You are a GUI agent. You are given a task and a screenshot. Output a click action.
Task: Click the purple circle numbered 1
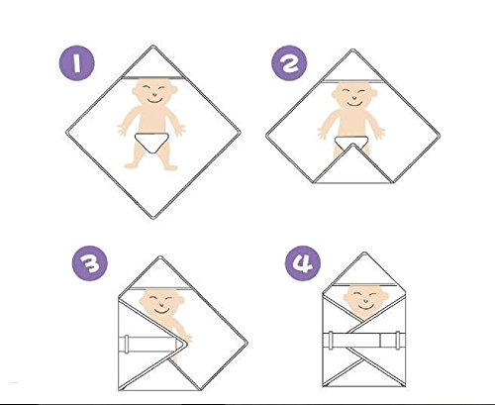tap(77, 62)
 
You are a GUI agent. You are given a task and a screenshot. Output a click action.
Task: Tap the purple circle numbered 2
tap(289, 62)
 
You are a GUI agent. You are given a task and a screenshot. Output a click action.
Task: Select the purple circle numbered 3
tap(90, 263)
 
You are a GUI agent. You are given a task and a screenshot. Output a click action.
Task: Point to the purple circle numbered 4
tap(303, 263)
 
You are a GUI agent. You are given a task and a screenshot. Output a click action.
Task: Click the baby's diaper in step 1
tap(152, 143)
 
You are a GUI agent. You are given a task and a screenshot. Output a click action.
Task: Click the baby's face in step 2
tap(353, 95)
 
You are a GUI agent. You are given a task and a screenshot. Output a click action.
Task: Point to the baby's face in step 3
tap(161, 303)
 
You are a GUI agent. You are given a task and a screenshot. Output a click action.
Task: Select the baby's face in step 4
tap(365, 300)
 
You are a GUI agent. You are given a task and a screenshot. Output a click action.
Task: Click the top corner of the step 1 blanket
tap(152, 46)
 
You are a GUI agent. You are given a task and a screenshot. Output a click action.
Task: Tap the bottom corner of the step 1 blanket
tap(153, 218)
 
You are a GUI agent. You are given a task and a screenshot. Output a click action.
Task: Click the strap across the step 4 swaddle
tap(364, 341)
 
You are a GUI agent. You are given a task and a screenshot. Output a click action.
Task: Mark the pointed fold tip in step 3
tap(186, 344)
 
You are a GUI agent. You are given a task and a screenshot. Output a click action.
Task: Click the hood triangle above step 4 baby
tap(364, 270)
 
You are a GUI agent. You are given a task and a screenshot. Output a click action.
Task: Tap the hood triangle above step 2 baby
tap(352, 67)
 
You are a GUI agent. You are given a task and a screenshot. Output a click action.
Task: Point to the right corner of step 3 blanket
tap(247, 344)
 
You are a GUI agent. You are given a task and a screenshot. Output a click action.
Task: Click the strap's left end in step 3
tap(125, 345)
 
